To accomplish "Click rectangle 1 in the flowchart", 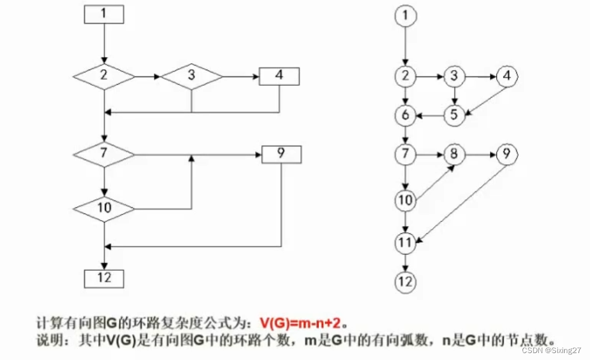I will pyautogui.click(x=104, y=14).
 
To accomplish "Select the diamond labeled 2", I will pyautogui.click(x=104, y=75).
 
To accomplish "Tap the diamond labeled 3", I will pyautogui.click(x=191, y=75).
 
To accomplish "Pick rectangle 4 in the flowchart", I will pyautogui.click(x=279, y=75).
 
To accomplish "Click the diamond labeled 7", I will pyautogui.click(x=104, y=154).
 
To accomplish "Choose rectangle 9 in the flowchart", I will pyautogui.click(x=281, y=154).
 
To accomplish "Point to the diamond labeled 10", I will pyautogui.click(x=104, y=206).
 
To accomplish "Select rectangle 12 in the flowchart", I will pyautogui.click(x=104, y=278).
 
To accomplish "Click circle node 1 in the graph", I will pyautogui.click(x=406, y=16).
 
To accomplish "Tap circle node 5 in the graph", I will pyautogui.click(x=454, y=115).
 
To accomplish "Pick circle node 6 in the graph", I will pyautogui.click(x=406, y=115).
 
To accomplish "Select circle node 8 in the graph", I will pyautogui.click(x=454, y=154).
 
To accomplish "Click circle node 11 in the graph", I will pyautogui.click(x=406, y=242).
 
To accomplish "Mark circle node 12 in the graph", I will pyautogui.click(x=406, y=282).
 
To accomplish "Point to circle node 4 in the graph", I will pyautogui.click(x=507, y=75).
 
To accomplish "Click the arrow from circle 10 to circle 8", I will pyautogui.click(x=436, y=182).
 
